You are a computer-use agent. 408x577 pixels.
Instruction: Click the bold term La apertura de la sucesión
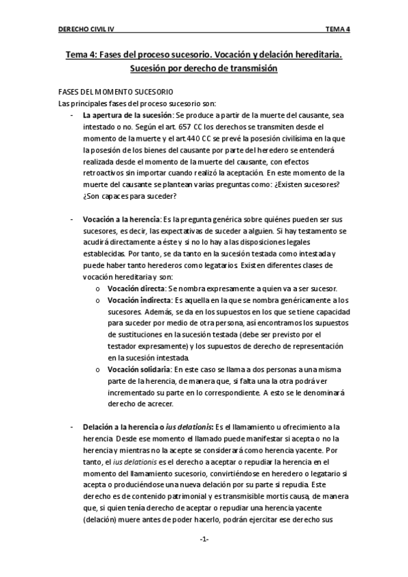(x=127, y=116)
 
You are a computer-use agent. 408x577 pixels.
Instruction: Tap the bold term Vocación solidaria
(x=139, y=368)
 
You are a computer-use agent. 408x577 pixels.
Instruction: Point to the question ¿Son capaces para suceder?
(x=130, y=196)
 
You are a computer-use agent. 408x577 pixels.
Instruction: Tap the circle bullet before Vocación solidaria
(x=99, y=369)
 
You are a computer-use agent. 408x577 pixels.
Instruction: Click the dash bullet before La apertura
(x=72, y=116)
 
